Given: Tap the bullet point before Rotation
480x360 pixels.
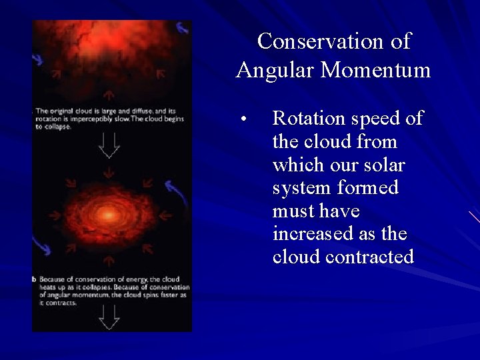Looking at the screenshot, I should pyautogui.click(x=245, y=121).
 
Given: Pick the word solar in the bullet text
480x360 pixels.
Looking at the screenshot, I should pyautogui.click(x=383, y=165).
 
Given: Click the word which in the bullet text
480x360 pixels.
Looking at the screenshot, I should pyautogui.click(x=300, y=165).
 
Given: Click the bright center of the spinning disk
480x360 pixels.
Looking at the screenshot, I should pyautogui.click(x=109, y=215).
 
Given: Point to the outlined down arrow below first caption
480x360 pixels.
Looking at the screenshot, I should pyautogui.click(x=109, y=145).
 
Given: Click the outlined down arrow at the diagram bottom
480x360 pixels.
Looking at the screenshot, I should pyautogui.click(x=109, y=317).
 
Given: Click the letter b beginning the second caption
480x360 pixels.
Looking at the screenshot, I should pyautogui.click(x=35, y=279).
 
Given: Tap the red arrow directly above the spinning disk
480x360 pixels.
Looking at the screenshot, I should pyautogui.click(x=109, y=175).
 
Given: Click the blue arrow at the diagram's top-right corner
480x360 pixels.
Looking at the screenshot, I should pyautogui.click(x=182, y=28).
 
